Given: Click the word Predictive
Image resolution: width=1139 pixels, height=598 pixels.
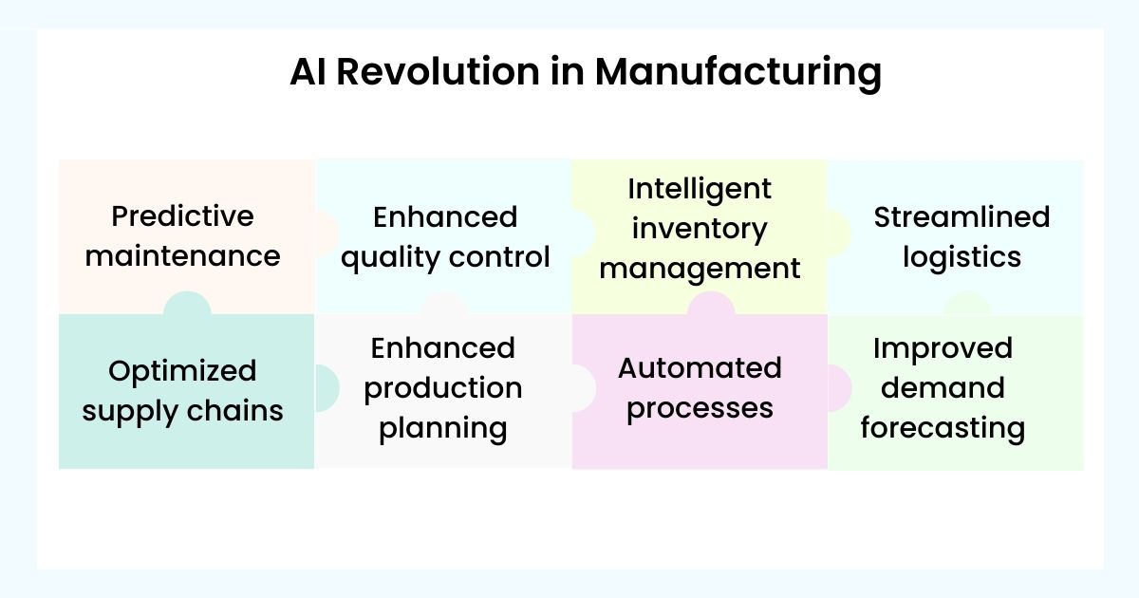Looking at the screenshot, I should click(183, 216).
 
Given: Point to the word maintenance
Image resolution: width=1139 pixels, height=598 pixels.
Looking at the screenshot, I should click(183, 256).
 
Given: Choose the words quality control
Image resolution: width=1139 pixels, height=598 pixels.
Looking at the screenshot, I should click(445, 257).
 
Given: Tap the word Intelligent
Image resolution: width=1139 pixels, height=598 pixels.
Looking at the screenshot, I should click(700, 188).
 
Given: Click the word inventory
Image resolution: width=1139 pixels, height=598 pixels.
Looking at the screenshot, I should click(700, 229).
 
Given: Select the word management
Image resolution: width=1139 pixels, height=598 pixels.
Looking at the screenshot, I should click(700, 269).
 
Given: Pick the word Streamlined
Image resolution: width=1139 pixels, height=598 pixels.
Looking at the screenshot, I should click(962, 216).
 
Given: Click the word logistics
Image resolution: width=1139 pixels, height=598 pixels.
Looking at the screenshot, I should click(962, 257).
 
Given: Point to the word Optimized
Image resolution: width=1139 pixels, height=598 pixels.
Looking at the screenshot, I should click(182, 370).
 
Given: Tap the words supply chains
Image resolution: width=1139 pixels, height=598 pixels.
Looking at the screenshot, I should click(182, 411).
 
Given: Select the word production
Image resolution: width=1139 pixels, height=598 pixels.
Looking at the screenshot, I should click(443, 388).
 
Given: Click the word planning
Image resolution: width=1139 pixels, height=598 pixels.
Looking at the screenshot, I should click(443, 428).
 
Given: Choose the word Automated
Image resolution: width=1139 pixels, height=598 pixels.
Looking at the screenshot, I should click(700, 368).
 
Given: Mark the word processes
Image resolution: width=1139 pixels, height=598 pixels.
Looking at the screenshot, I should click(700, 409).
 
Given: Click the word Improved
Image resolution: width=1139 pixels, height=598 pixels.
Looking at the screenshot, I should click(943, 348).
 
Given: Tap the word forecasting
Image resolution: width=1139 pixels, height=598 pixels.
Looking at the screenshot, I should click(943, 428).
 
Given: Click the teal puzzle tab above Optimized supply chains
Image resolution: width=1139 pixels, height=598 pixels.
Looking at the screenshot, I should click(187, 305).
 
